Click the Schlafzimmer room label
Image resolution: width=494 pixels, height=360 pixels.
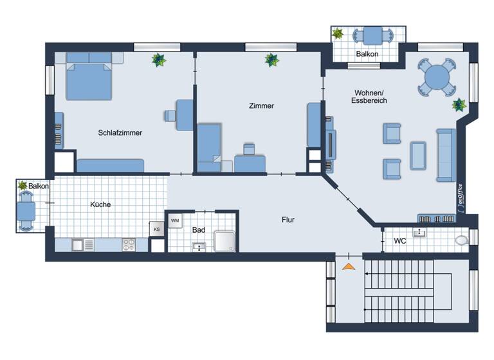coord(120,132)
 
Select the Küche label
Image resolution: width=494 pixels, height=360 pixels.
coord(100,204)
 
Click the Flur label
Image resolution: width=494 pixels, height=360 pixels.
coord(288,219)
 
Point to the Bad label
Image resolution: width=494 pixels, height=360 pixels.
coord(198,230)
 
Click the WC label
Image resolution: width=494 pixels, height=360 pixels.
coord(399,242)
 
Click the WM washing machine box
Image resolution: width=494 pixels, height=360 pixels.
coord(175,221)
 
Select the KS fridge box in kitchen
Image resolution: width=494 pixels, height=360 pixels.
coord(156,230)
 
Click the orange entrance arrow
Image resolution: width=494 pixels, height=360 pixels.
coord(349,266)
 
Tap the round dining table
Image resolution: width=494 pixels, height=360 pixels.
coord(437,78)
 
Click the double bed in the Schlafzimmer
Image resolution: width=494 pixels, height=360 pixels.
coord(89,80)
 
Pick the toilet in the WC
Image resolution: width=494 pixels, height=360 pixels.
coord(461,240)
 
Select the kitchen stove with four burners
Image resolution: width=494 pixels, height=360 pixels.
coord(128,245)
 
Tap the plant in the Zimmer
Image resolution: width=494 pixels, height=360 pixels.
coord(272,60)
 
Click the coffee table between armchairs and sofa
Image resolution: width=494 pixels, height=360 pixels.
coord(418,156)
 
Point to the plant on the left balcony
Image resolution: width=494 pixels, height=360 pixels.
coord(23,185)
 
